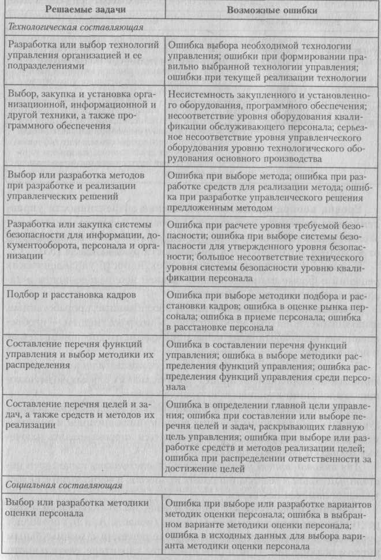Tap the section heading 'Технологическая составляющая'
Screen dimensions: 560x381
pyautogui.click(x=74, y=27)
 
